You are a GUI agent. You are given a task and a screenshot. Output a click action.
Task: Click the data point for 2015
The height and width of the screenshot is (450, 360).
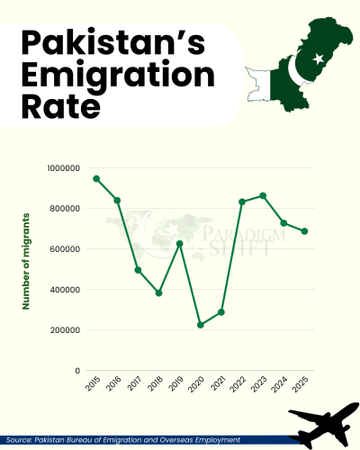[96, 179]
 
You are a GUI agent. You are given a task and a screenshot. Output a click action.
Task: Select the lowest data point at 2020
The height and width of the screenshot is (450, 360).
[201, 325]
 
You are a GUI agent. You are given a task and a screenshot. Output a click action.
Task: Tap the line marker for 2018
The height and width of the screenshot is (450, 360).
[159, 292]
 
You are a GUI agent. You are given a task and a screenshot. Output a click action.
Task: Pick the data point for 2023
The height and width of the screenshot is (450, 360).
[263, 195]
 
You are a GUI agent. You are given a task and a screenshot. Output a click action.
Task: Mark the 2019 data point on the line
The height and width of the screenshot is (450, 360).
[180, 244]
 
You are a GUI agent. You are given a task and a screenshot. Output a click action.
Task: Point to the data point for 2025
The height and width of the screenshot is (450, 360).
[304, 231]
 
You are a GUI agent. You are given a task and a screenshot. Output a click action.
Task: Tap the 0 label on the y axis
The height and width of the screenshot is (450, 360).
[78, 371]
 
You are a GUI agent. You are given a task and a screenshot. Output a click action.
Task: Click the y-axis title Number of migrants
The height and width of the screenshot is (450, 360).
[27, 261]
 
